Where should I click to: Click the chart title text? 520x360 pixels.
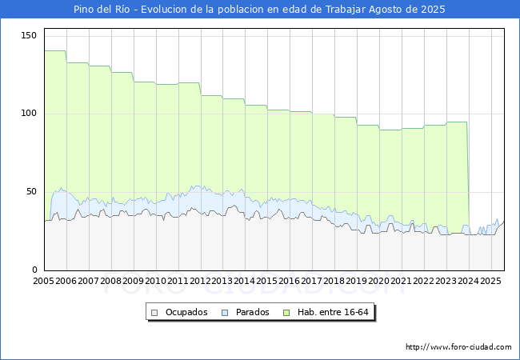259,10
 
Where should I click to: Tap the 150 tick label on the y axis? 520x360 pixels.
30,35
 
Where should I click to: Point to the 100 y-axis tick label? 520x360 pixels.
30,114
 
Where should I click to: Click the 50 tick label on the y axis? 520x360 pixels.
32,192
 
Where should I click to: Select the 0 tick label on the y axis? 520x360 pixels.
34,270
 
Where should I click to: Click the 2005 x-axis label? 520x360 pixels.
44,282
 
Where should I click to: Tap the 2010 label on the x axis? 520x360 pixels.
156,282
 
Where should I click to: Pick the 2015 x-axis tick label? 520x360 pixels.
267,282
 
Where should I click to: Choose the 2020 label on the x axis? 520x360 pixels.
379,282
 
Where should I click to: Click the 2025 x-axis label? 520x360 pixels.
490,282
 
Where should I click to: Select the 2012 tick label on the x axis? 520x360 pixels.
200,282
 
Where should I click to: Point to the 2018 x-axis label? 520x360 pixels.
334,282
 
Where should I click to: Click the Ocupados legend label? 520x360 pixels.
186,312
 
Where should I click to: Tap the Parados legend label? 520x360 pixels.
253,312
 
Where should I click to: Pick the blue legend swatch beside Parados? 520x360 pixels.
226,312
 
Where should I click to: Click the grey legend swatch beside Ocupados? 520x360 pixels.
155,312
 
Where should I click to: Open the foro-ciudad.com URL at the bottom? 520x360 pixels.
458,347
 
